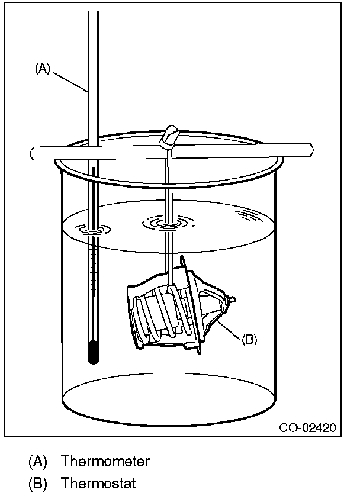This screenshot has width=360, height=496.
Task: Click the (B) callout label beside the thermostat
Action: click(249, 339)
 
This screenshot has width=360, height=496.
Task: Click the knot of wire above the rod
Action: click(171, 137)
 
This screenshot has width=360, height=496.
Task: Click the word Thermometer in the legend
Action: click(105, 461)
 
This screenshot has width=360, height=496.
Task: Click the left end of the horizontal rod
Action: click(34, 153)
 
